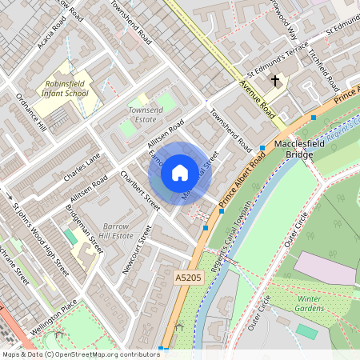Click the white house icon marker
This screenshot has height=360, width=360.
[x=180, y=173]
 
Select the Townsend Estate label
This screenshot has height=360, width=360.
[x=145, y=112]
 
